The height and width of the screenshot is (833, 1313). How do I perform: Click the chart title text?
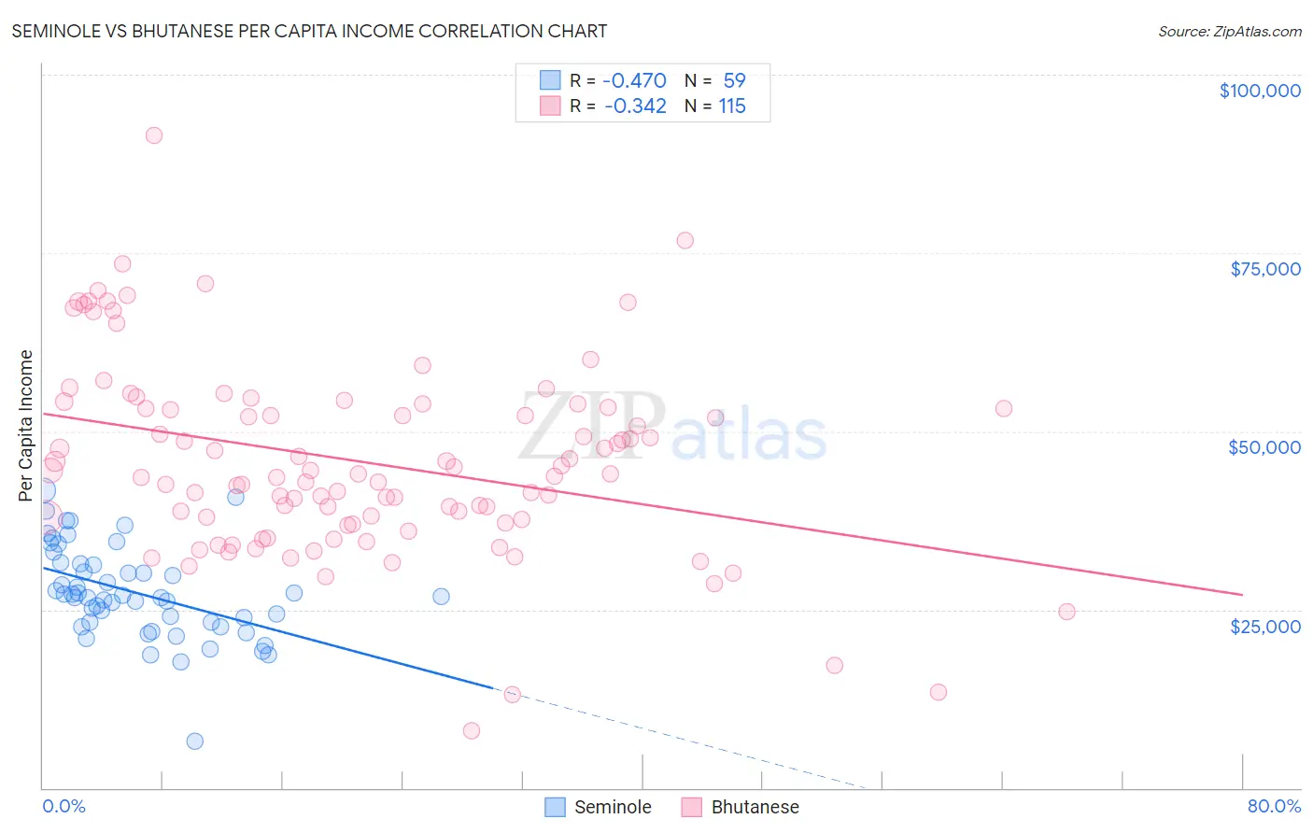click(310, 31)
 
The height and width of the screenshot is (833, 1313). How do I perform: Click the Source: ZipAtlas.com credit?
click(1229, 31)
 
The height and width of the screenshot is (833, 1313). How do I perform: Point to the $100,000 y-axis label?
click(1260, 91)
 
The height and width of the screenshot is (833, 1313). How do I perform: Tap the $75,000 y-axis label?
click(1265, 269)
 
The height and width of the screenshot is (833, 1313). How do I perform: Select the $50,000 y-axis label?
click(1264, 447)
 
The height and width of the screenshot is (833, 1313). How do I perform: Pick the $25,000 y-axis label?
click(1265, 626)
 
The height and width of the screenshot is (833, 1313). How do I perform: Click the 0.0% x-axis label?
click(64, 806)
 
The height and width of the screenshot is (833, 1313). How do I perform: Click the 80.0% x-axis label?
click(1274, 806)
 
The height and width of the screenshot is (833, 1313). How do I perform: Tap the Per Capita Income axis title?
click(26, 425)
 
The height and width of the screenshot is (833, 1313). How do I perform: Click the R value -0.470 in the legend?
click(634, 80)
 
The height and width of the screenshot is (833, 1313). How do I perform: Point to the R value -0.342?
click(635, 106)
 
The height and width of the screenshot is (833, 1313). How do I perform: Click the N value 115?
click(732, 106)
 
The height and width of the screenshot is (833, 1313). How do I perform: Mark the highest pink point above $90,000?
click(154, 135)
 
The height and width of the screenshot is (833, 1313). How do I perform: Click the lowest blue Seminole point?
click(194, 741)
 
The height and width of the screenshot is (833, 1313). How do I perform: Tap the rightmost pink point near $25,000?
click(1066, 612)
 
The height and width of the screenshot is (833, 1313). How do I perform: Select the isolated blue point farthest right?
click(441, 596)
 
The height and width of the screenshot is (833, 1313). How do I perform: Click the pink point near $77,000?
click(685, 240)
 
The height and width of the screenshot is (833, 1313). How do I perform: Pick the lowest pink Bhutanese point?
click(472, 730)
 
